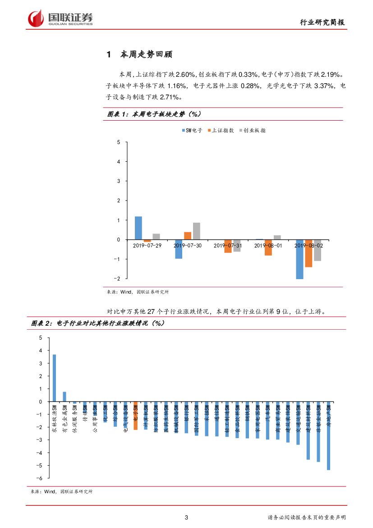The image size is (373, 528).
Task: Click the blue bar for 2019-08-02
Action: point(299,259)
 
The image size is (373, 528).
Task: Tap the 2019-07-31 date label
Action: point(228,245)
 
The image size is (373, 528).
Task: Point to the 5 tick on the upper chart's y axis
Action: point(119,142)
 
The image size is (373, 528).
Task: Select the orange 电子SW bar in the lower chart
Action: point(135,416)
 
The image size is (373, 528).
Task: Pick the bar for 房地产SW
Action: point(328,436)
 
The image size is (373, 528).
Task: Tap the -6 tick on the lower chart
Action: point(40,478)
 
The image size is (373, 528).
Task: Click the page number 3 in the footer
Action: point(187,518)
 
